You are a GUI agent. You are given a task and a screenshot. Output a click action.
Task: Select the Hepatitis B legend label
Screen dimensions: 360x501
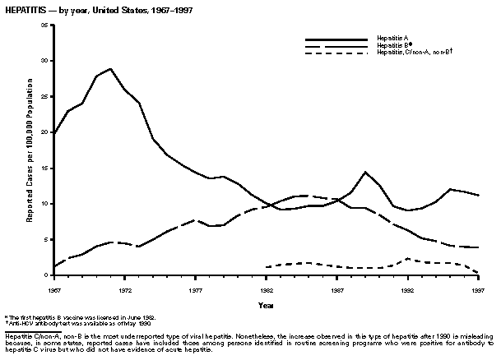[393, 46]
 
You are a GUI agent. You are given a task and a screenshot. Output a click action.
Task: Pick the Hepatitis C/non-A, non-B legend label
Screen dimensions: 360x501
[415, 53]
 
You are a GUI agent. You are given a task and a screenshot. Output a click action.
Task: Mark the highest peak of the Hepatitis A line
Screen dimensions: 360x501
[110, 68]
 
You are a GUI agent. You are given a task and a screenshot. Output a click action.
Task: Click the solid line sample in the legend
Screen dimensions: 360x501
[336, 39]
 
